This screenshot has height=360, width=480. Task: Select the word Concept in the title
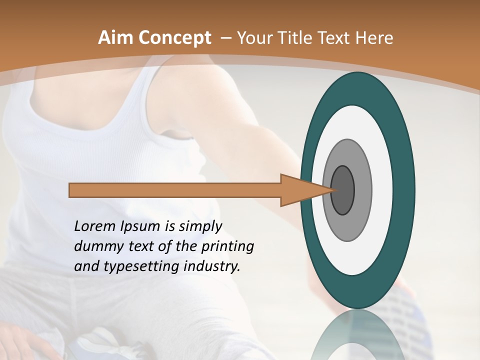point(175,38)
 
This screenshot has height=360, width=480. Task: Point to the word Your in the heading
point(255,38)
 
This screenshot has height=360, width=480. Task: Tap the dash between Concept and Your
point(225,38)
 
